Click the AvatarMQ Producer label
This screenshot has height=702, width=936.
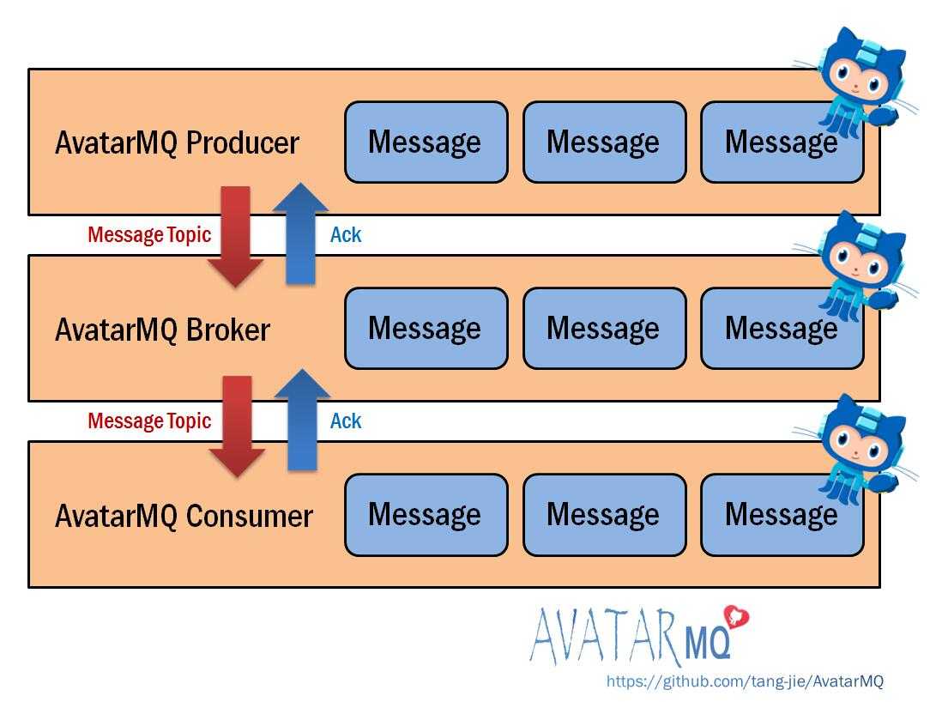point(177,143)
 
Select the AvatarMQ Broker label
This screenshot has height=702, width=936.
point(162,330)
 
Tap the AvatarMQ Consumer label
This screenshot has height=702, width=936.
point(184,516)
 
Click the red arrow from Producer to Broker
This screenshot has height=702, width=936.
point(235,236)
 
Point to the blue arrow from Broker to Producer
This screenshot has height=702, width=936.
point(300,233)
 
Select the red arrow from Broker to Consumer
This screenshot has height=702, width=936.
point(237,427)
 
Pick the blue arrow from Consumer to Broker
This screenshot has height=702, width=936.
point(302,419)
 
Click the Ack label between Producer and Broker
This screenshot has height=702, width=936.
point(346,235)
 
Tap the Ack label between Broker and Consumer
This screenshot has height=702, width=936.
point(346,421)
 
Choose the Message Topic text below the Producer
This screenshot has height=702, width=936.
point(149,235)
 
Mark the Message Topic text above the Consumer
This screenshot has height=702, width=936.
point(149,421)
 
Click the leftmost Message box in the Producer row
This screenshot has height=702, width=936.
point(426,142)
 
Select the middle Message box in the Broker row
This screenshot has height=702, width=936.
point(605,329)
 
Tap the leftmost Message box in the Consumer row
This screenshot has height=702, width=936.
point(426,515)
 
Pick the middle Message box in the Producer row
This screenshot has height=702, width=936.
point(605,142)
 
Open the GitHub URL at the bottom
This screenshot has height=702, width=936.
point(745,681)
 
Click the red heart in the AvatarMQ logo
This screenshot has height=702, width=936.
point(736,617)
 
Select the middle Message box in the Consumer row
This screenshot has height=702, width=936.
point(605,515)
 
